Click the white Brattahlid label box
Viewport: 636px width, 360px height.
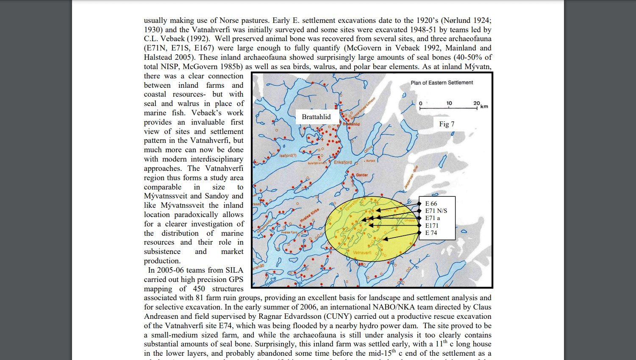coord(316,117)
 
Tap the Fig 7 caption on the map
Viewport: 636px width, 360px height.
coord(447,124)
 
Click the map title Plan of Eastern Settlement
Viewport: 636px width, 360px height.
coord(442,83)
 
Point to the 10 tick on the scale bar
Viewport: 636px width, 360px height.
coord(449,103)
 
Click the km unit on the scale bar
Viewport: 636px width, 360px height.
coord(484,106)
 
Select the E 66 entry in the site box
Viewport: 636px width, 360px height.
coord(431,204)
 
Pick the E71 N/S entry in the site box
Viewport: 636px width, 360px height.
coord(436,211)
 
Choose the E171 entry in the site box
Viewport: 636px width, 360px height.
coord(432,226)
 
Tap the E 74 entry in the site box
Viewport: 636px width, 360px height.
coord(431,233)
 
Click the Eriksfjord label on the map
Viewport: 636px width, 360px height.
coord(343,162)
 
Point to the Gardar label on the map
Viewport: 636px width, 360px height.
coord(362,175)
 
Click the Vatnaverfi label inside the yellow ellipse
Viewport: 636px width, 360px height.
coord(362,253)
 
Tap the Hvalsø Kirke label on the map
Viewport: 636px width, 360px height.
coord(309,215)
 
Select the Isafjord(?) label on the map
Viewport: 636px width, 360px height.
coord(288,156)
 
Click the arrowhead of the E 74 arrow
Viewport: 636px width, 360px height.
coord(384,240)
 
